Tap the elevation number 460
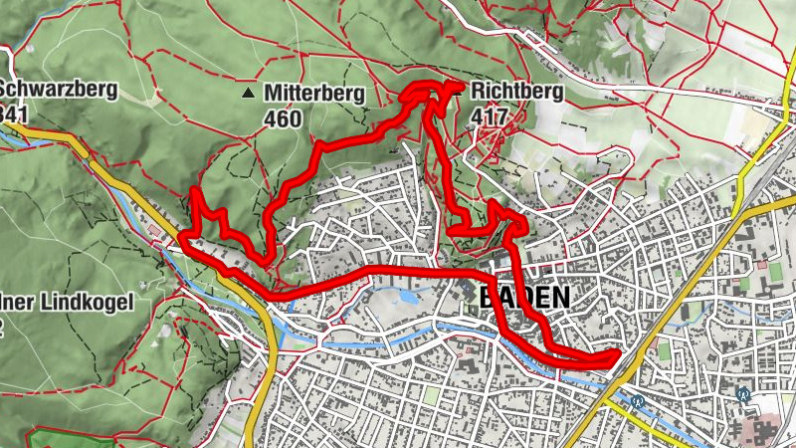tap(284, 117)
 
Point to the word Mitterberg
tap(314, 94)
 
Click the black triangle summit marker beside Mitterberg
tap(247, 94)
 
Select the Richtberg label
tap(517, 93)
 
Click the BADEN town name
tap(525, 298)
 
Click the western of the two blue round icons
tap(638, 402)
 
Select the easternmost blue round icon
tap(742, 394)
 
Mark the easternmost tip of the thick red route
tap(618, 355)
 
